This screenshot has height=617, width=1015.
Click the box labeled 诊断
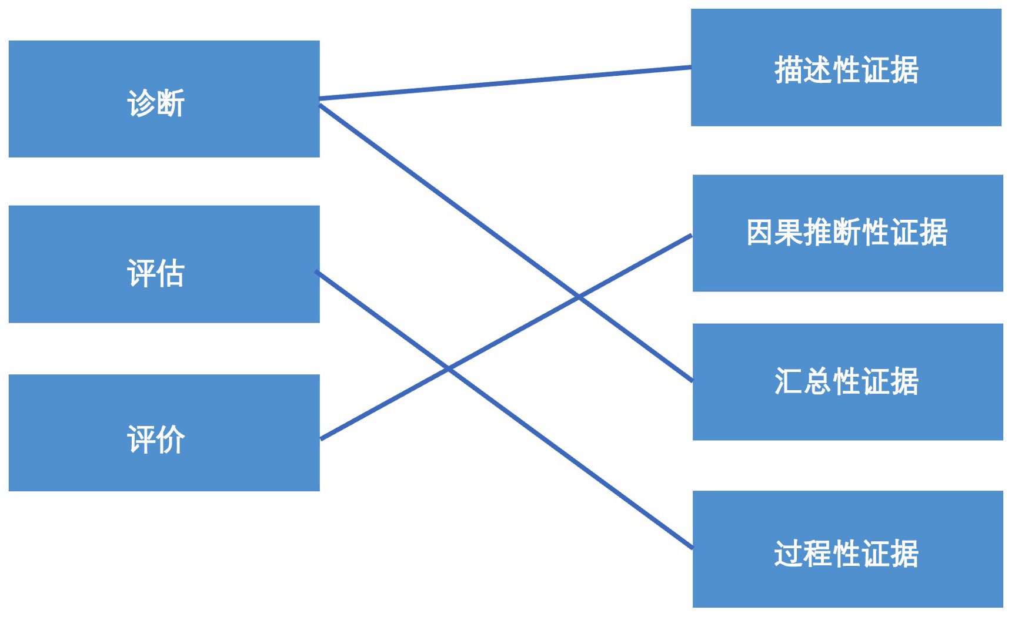coord(164,99)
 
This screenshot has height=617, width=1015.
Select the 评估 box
coord(164,264)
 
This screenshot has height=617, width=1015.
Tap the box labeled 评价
coord(164,432)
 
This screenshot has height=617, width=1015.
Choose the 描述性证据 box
coord(846,68)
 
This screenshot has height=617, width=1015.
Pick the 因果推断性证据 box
coord(848,233)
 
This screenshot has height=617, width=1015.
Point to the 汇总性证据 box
coord(848,382)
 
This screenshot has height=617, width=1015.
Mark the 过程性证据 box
coord(848,549)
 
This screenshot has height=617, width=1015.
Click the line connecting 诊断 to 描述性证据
coord(505,83)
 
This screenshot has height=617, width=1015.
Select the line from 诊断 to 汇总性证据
coord(506,243)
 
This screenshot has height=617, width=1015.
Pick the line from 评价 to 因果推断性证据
coord(506,337)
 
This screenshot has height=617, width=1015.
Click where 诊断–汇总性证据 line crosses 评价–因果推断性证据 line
coord(578,297)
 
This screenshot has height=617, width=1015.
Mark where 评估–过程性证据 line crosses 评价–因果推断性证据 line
coord(448,368)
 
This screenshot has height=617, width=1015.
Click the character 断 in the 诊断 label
coord(171,103)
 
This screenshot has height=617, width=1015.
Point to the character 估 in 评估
coord(171,273)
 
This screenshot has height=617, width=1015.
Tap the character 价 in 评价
coord(171,439)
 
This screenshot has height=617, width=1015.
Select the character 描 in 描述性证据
coord(789,70)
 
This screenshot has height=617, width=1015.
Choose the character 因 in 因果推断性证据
coord(761,232)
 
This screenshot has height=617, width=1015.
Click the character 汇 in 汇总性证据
coord(789,381)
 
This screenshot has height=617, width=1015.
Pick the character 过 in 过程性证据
coord(789,553)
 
